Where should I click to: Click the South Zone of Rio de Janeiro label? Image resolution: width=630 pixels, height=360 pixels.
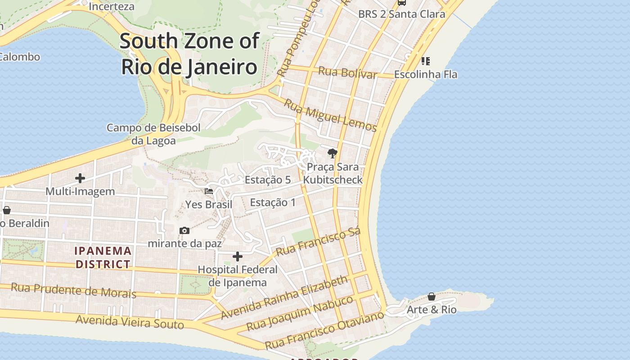(189, 54)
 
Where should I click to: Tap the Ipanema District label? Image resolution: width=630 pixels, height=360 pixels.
(103, 257)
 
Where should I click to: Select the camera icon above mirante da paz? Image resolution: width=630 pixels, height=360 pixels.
(184, 230)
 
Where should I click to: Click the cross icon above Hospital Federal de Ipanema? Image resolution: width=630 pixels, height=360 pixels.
(238, 256)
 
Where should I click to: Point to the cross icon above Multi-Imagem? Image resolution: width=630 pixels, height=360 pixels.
(80, 178)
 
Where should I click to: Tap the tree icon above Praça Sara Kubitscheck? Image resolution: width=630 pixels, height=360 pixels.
(333, 153)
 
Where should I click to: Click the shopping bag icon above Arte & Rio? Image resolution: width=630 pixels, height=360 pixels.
(431, 297)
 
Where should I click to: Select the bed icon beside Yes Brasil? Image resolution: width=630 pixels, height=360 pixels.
(209, 191)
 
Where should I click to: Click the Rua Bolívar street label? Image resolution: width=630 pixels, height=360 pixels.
(347, 72)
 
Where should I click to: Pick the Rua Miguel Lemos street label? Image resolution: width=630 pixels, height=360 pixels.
(330, 115)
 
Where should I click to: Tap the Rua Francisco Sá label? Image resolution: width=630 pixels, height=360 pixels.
(319, 242)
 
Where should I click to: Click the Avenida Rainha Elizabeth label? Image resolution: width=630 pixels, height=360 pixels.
(284, 297)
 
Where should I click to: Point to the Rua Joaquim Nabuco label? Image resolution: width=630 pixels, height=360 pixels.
(300, 313)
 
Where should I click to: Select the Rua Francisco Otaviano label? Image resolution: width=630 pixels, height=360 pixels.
(324, 329)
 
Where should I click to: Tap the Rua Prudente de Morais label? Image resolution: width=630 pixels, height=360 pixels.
(73, 290)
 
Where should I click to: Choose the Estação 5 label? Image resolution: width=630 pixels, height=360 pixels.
(267, 180)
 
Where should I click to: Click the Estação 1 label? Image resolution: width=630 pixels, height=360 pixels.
(273, 202)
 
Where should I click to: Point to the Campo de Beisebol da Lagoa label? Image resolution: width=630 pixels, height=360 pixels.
(153, 134)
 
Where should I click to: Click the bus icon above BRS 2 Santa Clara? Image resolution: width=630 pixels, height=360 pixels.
(402, 2)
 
